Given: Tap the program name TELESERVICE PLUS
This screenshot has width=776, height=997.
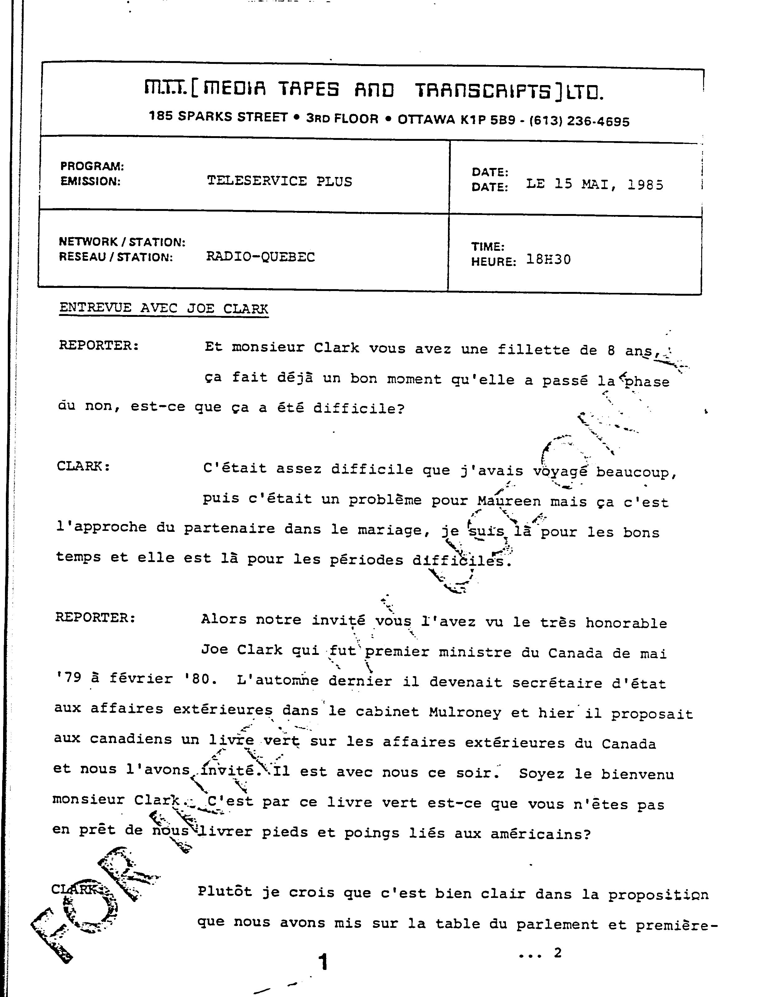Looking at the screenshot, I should pyautogui.click(x=279, y=181).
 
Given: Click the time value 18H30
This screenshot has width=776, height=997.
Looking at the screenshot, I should pyautogui.click(x=548, y=260).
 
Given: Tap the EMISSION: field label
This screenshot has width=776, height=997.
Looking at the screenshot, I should pyautogui.click(x=90, y=182).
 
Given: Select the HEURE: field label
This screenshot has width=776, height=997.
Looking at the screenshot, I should pyautogui.click(x=493, y=262).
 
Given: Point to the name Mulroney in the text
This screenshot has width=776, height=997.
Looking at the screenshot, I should pyautogui.click(x=465, y=712).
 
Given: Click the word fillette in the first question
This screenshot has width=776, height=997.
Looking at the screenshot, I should pyautogui.click(x=533, y=350).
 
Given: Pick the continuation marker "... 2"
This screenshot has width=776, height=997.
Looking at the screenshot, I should pyautogui.click(x=540, y=953).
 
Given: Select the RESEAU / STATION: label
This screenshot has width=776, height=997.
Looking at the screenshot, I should pyautogui.click(x=116, y=257).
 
